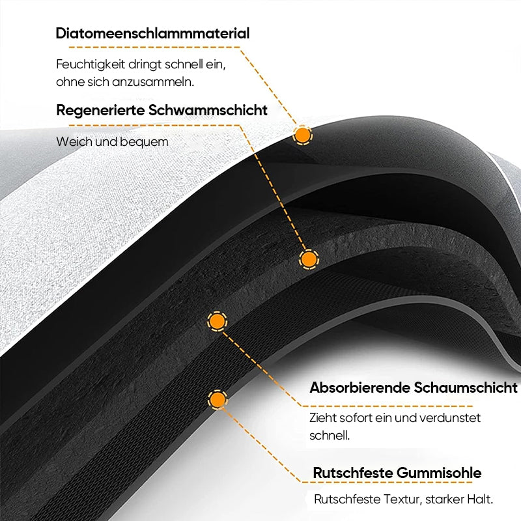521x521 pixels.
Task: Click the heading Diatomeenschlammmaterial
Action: click(x=152, y=33)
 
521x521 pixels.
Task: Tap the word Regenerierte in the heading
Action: click(x=100, y=111)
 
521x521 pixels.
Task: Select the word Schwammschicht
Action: click(x=208, y=110)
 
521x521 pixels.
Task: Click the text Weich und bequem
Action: click(x=112, y=142)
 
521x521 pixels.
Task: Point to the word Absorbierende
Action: click(x=359, y=387)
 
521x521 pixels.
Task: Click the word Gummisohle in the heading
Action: click(x=439, y=473)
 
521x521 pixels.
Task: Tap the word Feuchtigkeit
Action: click(x=91, y=64)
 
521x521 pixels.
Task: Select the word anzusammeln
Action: click(x=153, y=82)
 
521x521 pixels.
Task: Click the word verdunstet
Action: click(x=449, y=417)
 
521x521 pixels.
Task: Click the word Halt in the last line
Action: click(x=480, y=499)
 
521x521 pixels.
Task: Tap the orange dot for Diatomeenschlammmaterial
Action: click(x=302, y=135)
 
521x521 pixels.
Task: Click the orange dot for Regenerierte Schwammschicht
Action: click(x=309, y=259)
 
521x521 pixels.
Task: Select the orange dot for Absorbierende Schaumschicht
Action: click(x=217, y=321)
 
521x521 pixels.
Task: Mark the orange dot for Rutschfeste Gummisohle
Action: click(x=218, y=399)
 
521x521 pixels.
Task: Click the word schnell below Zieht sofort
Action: click(x=330, y=435)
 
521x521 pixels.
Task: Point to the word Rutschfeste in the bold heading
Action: click(x=353, y=473)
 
